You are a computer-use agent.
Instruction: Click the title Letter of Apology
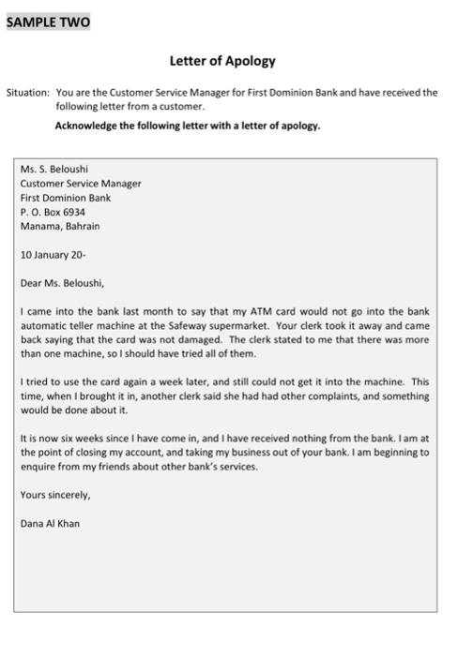(222, 61)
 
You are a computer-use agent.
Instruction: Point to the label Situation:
(27, 93)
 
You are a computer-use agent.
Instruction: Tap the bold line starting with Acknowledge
(188, 125)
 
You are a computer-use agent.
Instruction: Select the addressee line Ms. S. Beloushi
(54, 170)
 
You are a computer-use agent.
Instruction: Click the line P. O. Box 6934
(53, 212)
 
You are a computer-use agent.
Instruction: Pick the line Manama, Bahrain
(60, 226)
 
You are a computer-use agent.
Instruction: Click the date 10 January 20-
(53, 254)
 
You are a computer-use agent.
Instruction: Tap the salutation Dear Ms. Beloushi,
(62, 283)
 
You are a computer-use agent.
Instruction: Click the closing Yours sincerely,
(55, 495)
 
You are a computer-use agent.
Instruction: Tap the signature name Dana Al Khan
(50, 524)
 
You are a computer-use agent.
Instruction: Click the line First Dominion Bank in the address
(66, 198)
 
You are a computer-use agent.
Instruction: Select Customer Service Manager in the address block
(81, 184)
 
